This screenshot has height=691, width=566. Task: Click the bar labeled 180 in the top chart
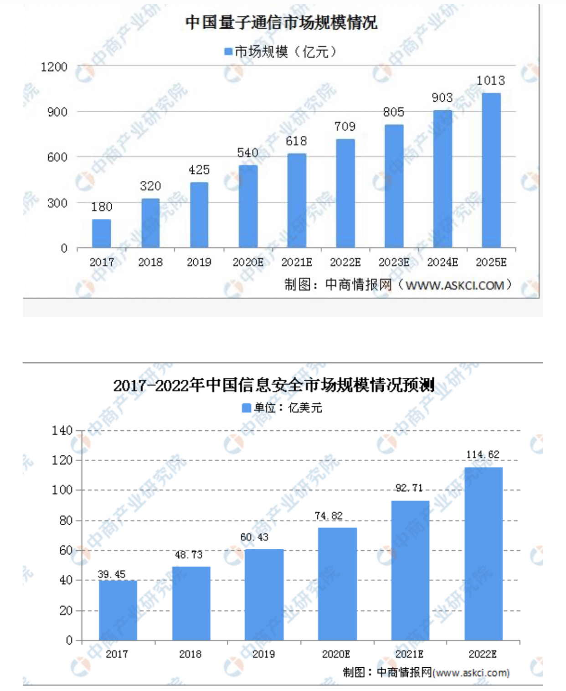101,233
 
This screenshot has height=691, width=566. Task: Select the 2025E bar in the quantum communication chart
491,170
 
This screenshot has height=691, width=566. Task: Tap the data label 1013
491,81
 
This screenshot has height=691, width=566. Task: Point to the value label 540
247,153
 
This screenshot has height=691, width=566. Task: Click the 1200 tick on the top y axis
54,67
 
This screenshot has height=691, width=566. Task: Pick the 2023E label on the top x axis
394,262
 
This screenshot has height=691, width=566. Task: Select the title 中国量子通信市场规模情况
281,23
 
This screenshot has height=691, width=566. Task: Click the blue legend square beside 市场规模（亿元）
228,52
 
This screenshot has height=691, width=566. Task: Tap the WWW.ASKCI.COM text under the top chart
455,285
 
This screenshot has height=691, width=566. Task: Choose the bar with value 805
394,186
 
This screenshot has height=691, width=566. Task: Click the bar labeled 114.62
484,554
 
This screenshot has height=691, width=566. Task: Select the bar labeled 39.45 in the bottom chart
118,610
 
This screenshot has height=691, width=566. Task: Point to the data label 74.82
329,516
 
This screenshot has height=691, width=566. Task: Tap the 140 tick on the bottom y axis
62,430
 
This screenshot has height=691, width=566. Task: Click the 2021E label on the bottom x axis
409,654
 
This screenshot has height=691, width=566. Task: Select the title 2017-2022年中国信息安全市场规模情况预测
274,385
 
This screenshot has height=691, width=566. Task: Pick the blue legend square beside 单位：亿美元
246,408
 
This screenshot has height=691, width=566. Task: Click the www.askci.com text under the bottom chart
471,673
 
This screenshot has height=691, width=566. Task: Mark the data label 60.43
254,537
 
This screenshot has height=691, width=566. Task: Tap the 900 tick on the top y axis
57,112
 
